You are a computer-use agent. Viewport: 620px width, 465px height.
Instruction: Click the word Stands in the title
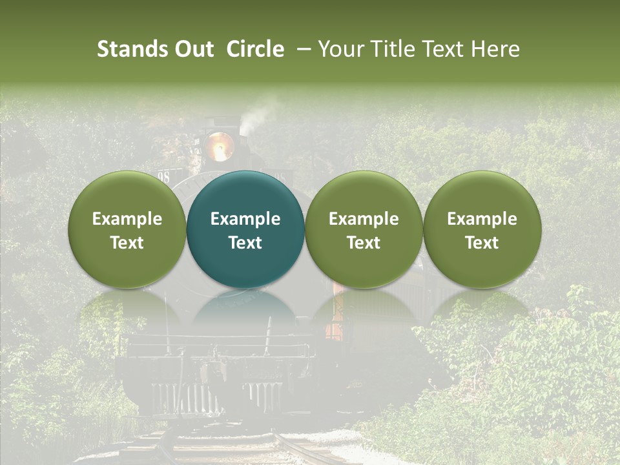(x=131, y=49)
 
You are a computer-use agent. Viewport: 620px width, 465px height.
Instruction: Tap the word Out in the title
(x=192, y=49)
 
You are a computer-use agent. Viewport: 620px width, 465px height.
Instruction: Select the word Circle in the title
(x=255, y=49)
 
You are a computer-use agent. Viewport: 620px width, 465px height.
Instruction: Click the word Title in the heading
(x=391, y=49)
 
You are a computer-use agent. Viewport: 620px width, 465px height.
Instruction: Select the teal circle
(x=245, y=229)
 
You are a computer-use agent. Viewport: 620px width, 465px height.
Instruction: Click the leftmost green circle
(x=127, y=229)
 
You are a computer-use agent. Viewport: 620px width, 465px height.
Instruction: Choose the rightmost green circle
(x=482, y=229)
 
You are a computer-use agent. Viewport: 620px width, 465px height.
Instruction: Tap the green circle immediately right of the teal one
(x=364, y=229)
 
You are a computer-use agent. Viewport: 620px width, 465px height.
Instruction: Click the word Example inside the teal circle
(x=245, y=219)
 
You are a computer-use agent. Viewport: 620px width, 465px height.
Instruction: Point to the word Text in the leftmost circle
(x=127, y=243)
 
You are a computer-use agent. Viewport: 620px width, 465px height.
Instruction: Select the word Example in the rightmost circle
(x=482, y=219)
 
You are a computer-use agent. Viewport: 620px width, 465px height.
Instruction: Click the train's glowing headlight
(x=220, y=147)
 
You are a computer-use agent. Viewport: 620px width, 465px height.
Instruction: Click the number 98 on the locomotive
(x=163, y=177)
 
